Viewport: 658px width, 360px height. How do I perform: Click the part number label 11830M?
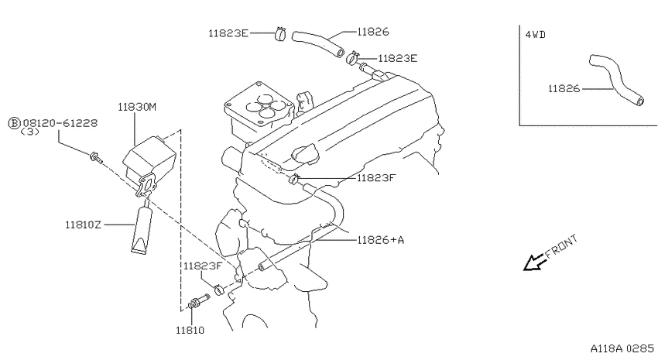point(137,108)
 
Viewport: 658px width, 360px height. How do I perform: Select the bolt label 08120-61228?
point(60,123)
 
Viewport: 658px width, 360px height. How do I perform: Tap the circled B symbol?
point(15,123)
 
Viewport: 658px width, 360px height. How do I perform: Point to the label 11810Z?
point(83,225)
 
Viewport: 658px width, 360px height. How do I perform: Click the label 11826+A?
point(381,240)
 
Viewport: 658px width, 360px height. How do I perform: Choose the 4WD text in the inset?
point(536,35)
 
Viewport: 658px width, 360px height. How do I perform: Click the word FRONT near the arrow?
point(561,246)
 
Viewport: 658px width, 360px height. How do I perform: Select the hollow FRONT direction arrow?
point(535,262)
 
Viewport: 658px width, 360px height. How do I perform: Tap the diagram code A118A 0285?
point(622,348)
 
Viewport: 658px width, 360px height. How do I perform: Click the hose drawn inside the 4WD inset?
point(615,80)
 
